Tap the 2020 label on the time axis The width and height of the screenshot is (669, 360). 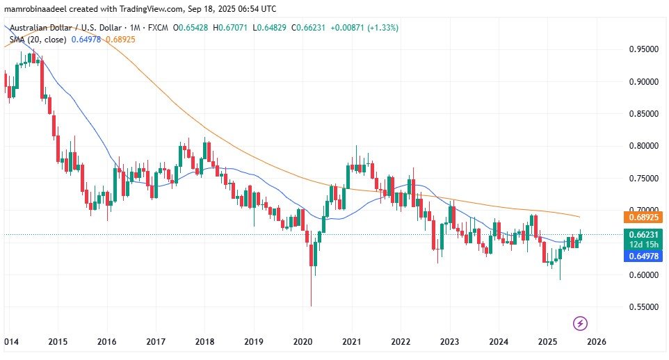click(303, 341)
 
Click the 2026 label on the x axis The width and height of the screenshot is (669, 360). click(597, 341)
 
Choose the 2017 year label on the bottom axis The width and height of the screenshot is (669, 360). click(155, 341)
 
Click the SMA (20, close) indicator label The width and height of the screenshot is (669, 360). click(38, 39)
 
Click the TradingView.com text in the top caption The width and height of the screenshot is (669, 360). click(146, 9)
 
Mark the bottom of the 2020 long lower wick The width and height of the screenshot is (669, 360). click(311, 306)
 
